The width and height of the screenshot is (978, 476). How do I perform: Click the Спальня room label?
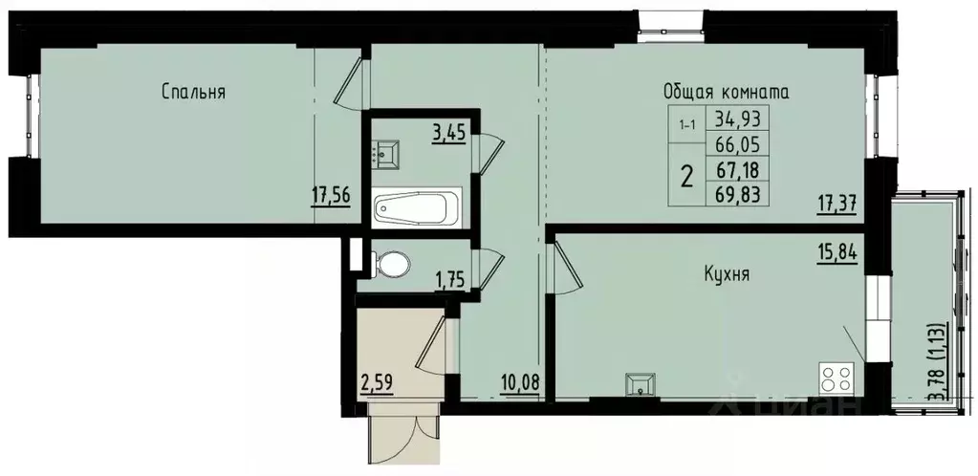(193, 92)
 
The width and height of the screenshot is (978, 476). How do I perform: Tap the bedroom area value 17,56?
(331, 195)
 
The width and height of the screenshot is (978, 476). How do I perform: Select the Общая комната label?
(726, 92)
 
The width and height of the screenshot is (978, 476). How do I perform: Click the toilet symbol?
(392, 263)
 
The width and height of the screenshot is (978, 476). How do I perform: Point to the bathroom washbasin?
(389, 153)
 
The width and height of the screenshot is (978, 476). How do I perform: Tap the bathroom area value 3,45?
(448, 133)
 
